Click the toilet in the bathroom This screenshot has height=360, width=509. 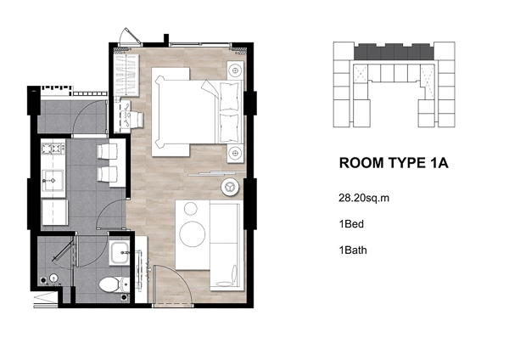(x=112, y=284)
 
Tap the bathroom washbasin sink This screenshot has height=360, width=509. (x=119, y=253)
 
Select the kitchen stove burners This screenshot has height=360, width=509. (x=53, y=149)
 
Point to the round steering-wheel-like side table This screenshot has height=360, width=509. (x=230, y=187)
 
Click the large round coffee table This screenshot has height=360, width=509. (x=193, y=233)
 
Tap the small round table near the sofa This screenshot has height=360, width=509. (x=191, y=209)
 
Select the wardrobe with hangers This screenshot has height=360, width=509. (x=126, y=75)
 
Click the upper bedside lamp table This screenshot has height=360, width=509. (x=235, y=70)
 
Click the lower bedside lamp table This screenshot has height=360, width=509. (x=235, y=153)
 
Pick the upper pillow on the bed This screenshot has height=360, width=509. (x=230, y=97)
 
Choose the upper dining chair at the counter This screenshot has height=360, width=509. (x=107, y=151)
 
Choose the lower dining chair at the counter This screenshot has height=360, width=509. (x=107, y=174)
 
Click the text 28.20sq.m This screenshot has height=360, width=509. (x=364, y=198)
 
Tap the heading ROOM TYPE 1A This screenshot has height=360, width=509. (x=394, y=163)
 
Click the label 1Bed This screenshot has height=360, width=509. (x=351, y=224)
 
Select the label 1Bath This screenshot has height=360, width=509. (x=353, y=250)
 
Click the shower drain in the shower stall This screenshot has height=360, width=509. (x=53, y=278)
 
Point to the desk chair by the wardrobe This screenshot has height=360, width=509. (x=134, y=119)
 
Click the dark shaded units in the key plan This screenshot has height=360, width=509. (x=394, y=52)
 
